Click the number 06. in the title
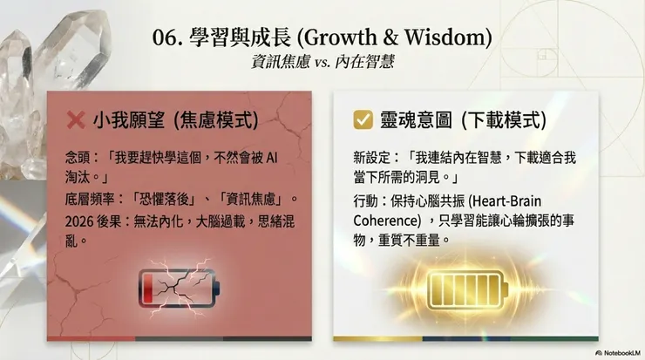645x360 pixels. coord(166,38)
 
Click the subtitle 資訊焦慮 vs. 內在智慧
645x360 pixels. coord(322,63)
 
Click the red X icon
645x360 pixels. coord(76,119)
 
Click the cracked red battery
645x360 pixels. coord(179,284)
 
